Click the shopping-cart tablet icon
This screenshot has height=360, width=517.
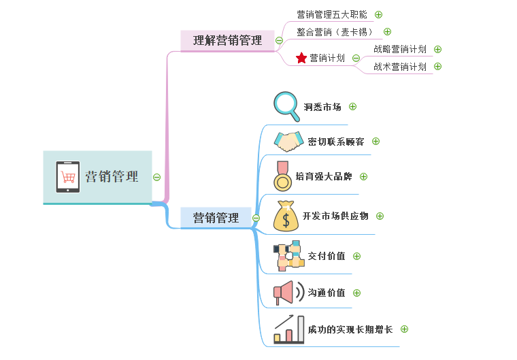click(x=68, y=177)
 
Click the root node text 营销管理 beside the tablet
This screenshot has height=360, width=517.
click(x=112, y=177)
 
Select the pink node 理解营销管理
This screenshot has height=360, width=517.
click(x=227, y=40)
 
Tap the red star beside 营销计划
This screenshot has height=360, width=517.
click(x=301, y=58)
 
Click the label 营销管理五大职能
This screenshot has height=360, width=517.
click(x=332, y=14)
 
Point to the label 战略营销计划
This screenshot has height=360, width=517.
click(x=400, y=49)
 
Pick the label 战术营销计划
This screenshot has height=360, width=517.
click(x=400, y=67)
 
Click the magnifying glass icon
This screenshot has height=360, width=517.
click(x=286, y=105)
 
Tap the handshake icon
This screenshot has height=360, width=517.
click(x=288, y=142)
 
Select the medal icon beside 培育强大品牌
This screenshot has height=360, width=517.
click(x=281, y=176)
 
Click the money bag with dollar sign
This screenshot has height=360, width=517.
click(x=286, y=216)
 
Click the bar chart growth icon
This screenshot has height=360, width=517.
click(x=288, y=329)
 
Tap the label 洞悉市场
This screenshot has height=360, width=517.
click(x=322, y=107)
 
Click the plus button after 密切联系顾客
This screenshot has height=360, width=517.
click(x=376, y=142)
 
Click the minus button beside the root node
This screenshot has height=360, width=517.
click(x=156, y=177)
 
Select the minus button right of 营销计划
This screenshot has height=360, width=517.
click(x=356, y=58)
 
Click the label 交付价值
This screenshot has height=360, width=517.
click(x=327, y=256)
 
